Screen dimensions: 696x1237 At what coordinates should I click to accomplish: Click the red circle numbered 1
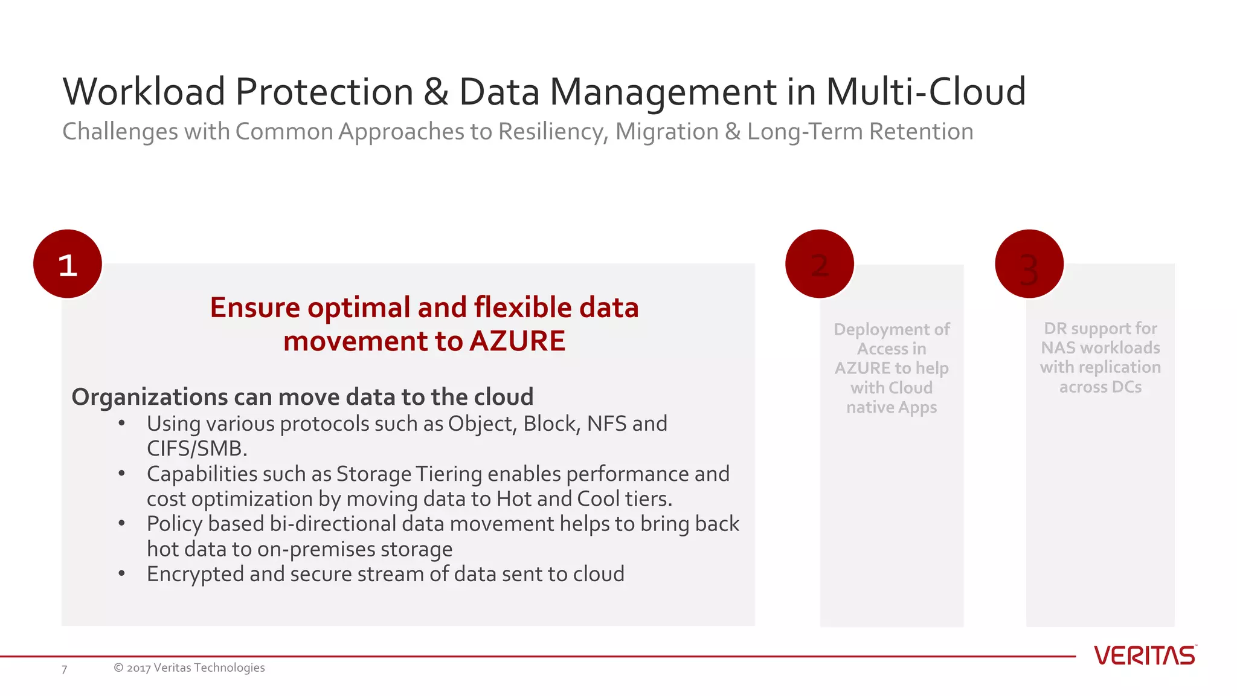coord(68,264)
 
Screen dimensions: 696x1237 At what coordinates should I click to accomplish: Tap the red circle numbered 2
coord(819,264)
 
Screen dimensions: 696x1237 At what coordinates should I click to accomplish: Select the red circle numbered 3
coord(1029,264)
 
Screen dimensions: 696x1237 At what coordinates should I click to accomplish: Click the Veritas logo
coord(1144,656)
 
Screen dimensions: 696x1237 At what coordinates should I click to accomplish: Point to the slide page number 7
coord(64,669)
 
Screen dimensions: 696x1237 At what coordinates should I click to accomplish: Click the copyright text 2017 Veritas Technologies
coord(189,668)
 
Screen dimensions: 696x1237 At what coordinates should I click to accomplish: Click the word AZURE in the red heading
coord(517,341)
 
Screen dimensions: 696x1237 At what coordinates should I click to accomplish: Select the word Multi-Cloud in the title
coord(925,92)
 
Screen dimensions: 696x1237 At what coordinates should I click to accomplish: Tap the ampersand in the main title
coord(435,92)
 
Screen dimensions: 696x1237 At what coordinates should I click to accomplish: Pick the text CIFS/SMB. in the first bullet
coord(197,449)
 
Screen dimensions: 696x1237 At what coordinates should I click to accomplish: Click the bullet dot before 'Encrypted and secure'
coord(121,573)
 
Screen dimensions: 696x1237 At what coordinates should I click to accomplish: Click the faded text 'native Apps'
coord(891,407)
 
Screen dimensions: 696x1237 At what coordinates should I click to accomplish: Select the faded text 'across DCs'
coord(1100,387)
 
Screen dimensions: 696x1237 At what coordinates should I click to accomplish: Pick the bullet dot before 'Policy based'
coord(121,524)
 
